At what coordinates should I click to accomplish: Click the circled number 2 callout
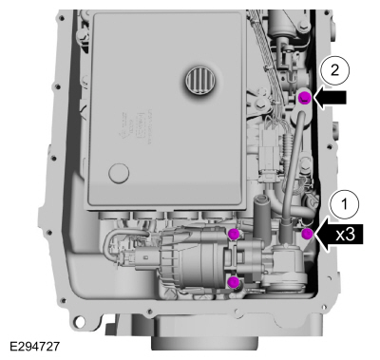coord(334,71)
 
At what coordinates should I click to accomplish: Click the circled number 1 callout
coord(345,204)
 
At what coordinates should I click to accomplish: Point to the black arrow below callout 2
coord(330,98)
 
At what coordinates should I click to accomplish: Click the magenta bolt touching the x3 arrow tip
coord(307,234)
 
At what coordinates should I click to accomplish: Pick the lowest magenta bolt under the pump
coord(234,281)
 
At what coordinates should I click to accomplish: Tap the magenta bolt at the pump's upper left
coord(234,234)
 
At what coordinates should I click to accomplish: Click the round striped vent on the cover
coord(199,81)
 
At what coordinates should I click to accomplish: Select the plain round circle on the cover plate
coord(119,173)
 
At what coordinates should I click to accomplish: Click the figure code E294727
coord(34,346)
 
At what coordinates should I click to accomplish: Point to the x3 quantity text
coord(346,235)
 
